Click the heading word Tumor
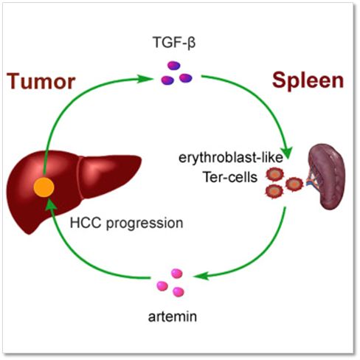pyautogui.click(x=41, y=81)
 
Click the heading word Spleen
pyautogui.click(x=308, y=81)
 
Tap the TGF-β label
pyautogui.click(x=174, y=42)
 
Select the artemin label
pyautogui.click(x=173, y=316)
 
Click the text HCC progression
pyautogui.click(x=127, y=224)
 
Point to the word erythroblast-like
pyautogui.click(x=231, y=157)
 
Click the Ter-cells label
pyautogui.click(x=230, y=177)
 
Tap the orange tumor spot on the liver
pyautogui.click(x=44, y=187)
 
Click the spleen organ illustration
pyautogui.click(x=327, y=176)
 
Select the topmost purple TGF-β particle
pyautogui.click(x=174, y=66)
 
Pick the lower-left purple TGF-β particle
pyautogui.click(x=167, y=80)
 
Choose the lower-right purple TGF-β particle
pyautogui.click(x=186, y=78)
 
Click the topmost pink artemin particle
pyautogui.click(x=176, y=274)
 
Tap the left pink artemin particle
pyautogui.click(x=162, y=286)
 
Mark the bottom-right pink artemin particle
pyautogui.click(x=179, y=292)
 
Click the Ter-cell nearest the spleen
pyautogui.click(x=294, y=184)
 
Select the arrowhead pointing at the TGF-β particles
pyautogui.click(x=145, y=79)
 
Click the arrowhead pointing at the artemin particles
pyautogui.click(x=202, y=276)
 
